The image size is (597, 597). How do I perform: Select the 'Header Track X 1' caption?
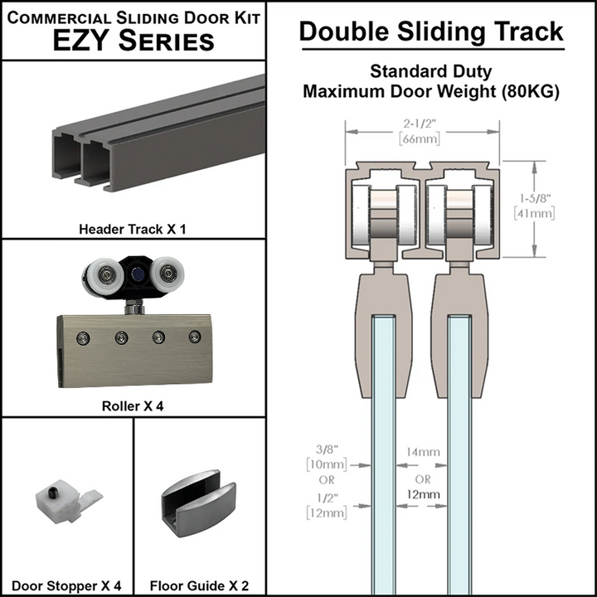click(x=132, y=228)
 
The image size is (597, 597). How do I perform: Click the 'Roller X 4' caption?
click(x=132, y=407)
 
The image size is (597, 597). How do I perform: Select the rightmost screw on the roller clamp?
click(x=195, y=336)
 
